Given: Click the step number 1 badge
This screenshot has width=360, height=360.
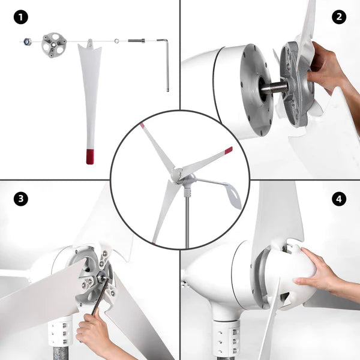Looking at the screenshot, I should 22,17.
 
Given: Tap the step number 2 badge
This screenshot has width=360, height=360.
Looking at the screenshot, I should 339,17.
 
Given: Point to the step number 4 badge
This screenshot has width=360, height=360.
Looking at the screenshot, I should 339,199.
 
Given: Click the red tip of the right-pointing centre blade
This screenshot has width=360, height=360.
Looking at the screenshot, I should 228,150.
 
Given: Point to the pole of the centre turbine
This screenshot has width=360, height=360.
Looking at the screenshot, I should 187,222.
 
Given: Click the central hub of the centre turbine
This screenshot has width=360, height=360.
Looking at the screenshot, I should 178,175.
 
